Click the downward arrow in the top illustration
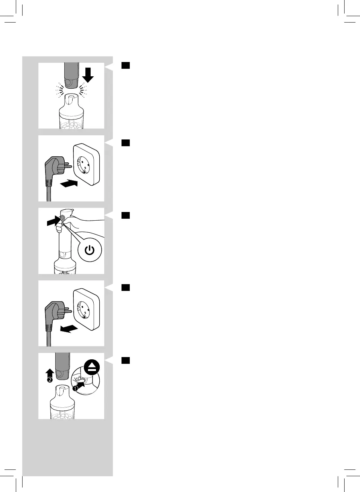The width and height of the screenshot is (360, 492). (88, 74)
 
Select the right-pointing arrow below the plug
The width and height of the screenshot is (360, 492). (69, 184)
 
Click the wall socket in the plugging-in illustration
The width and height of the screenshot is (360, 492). (87, 165)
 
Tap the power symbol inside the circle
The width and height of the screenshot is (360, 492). (90, 250)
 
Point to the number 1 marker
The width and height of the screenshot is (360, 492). (75, 389)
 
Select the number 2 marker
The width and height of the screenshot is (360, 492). (50, 380)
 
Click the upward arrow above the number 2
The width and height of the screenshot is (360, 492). (50, 372)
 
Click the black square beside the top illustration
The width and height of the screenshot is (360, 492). (126, 65)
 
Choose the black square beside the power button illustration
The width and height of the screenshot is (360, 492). (126, 215)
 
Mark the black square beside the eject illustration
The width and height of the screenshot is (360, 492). (126, 360)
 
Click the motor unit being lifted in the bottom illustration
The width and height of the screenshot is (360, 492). (63, 365)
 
